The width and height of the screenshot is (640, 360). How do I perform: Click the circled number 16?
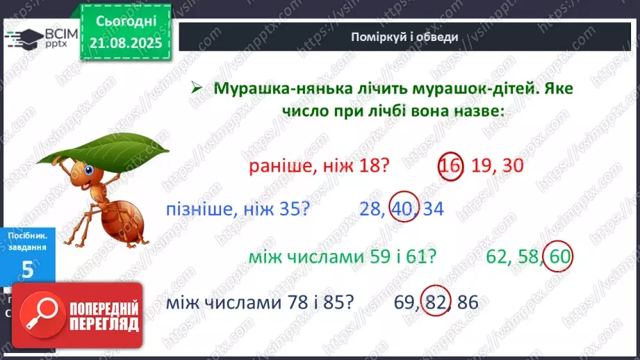click(450, 166)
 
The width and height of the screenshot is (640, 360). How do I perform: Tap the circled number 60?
click(559, 256)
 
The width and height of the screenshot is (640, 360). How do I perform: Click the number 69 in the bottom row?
click(404, 303)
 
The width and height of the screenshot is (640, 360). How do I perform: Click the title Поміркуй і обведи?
click(404, 36)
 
